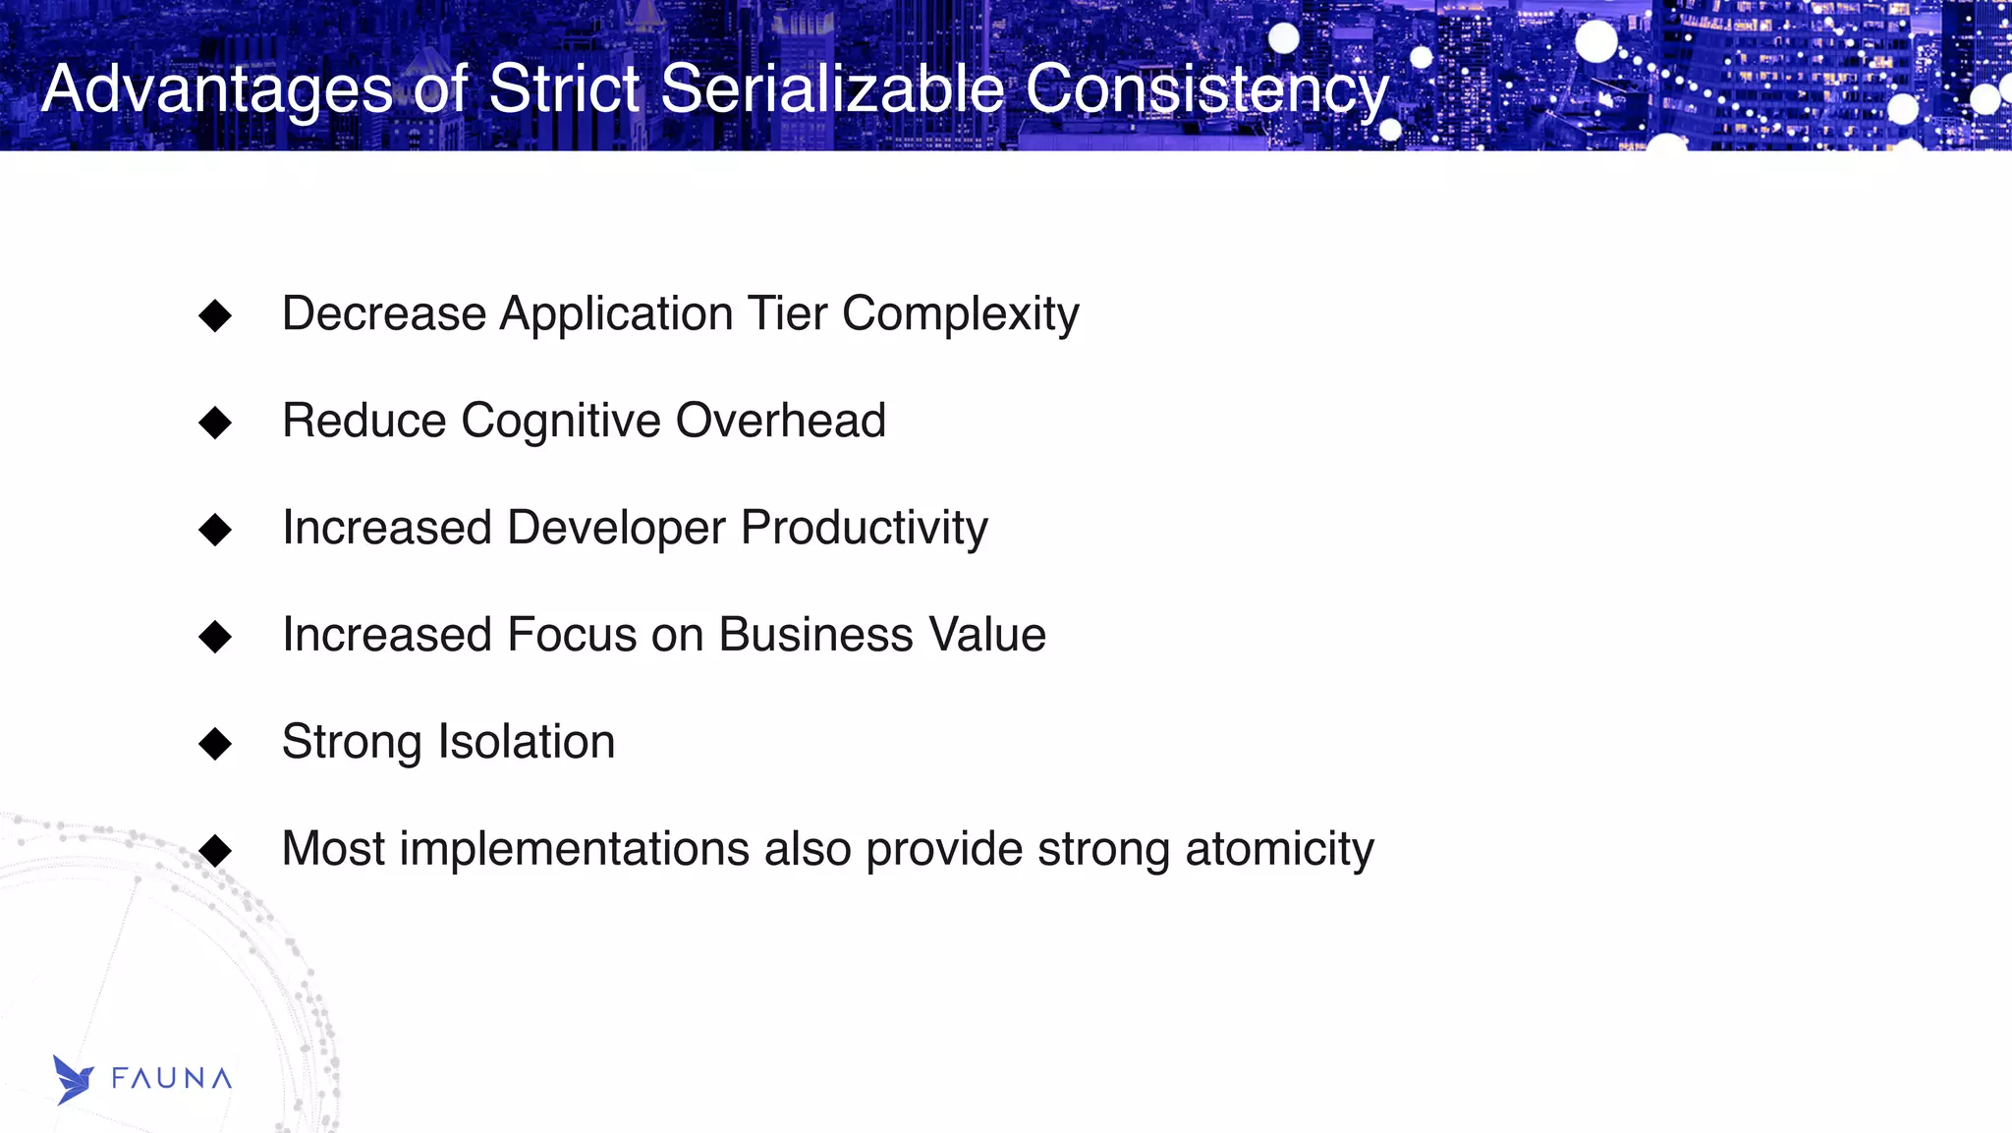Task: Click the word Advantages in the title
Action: pyautogui.click(x=217, y=90)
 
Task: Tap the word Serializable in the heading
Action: pyautogui.click(x=833, y=88)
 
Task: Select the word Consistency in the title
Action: pyautogui.click(x=1206, y=90)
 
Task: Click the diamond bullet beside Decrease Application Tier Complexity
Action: pyautogui.click(x=214, y=315)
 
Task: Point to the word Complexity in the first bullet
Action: pyautogui.click(x=960, y=315)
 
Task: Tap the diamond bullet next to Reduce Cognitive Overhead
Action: pyautogui.click(x=214, y=423)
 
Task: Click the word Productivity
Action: pyautogui.click(x=864, y=529)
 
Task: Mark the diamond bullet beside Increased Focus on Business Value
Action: pyautogui.click(x=214, y=637)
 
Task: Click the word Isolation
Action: pyautogui.click(x=526, y=742)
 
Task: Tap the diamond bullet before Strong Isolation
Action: pyautogui.click(x=214, y=744)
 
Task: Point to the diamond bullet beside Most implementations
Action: pyautogui.click(x=214, y=850)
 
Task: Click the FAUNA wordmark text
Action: pyautogui.click(x=172, y=1079)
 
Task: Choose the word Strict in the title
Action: pyautogui.click(x=564, y=88)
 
